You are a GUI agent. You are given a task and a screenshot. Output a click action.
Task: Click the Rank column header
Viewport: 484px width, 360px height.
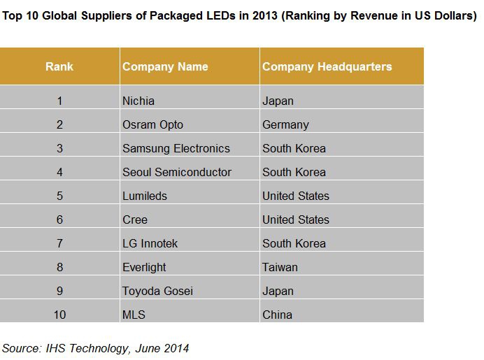(x=59, y=67)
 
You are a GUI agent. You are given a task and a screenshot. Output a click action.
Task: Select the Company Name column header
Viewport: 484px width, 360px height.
(x=165, y=67)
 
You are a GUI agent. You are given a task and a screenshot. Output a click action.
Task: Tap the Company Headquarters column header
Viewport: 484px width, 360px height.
(x=327, y=67)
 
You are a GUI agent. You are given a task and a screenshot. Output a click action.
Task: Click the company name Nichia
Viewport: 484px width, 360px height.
(x=138, y=101)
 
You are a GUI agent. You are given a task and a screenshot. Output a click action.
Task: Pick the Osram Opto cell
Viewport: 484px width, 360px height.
(x=152, y=124)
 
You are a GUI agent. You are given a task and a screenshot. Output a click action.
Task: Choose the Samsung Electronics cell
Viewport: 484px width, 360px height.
(x=176, y=148)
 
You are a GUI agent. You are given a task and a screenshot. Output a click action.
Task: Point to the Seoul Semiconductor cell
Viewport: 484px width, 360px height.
(x=176, y=172)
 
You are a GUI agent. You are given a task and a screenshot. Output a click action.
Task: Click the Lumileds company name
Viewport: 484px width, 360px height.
(x=145, y=196)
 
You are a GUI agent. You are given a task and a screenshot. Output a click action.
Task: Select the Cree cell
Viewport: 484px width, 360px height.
(x=135, y=219)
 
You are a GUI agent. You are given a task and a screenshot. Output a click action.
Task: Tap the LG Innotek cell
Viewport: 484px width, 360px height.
(x=150, y=243)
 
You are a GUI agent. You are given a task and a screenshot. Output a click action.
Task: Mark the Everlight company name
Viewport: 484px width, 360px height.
(x=144, y=267)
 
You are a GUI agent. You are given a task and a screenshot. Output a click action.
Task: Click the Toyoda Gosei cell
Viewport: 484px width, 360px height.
(x=157, y=291)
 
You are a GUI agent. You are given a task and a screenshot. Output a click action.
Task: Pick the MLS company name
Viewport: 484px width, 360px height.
(x=134, y=315)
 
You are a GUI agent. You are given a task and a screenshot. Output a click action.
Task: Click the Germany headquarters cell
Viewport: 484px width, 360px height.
(x=285, y=124)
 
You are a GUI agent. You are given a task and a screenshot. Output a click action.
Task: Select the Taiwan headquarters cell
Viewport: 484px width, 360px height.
(x=280, y=267)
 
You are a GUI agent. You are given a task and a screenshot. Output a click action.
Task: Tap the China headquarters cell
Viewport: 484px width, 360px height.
(x=277, y=315)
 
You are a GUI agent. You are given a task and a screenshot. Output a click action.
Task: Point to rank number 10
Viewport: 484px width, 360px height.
(x=59, y=315)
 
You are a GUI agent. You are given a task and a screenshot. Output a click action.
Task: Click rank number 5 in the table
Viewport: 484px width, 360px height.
(x=59, y=196)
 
